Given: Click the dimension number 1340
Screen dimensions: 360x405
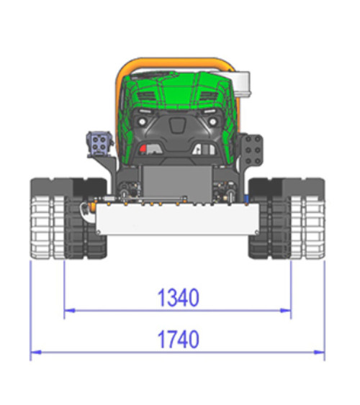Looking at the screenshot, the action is (x=179, y=298).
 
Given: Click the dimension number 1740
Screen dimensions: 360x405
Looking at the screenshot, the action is (x=179, y=339).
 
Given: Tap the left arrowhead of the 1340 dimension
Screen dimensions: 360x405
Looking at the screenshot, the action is (x=70, y=311).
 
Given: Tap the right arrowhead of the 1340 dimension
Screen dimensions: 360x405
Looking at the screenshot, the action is (x=286, y=311).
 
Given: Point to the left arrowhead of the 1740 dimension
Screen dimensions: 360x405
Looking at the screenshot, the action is (x=36, y=352).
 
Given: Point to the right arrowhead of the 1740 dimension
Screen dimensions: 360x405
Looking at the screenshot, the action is (x=320, y=352).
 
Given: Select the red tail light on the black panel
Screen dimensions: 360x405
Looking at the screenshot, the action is (x=143, y=148).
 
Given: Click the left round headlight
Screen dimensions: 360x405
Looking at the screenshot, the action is (x=142, y=122).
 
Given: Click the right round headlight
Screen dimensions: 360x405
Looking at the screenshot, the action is (x=212, y=122).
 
